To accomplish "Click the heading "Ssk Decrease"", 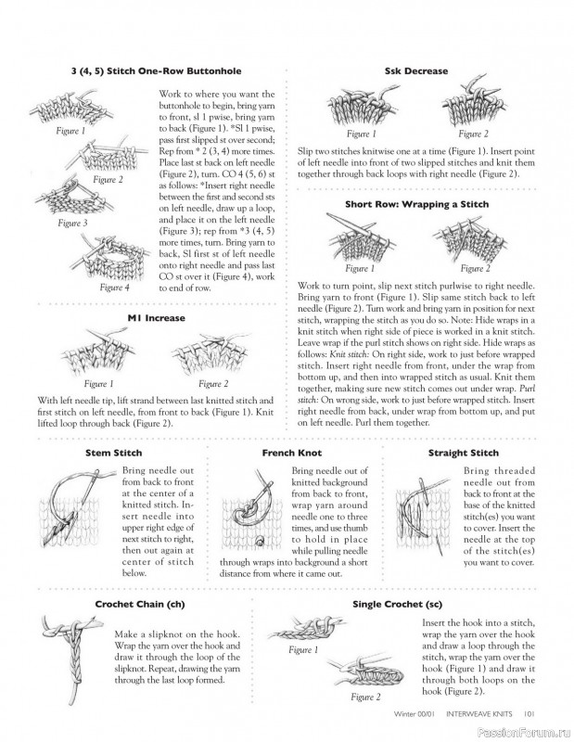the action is [x=416, y=71].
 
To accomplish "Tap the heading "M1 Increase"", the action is [x=156, y=318].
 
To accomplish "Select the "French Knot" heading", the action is [x=291, y=453].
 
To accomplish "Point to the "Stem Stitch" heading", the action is [x=113, y=453].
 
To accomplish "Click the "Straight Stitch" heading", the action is [x=464, y=453].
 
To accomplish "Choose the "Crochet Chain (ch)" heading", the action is [x=140, y=605].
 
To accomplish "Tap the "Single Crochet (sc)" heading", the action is [x=398, y=605].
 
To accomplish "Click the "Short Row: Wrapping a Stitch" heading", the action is [x=417, y=204].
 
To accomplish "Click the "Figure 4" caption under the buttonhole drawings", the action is [x=114, y=288].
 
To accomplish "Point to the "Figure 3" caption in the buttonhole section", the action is [x=72, y=223].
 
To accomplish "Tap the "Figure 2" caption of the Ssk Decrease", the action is [x=473, y=134].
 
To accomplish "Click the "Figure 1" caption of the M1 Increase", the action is [x=98, y=384].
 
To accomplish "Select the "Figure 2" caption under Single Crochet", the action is [x=365, y=697].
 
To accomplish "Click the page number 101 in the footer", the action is [x=529, y=714].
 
